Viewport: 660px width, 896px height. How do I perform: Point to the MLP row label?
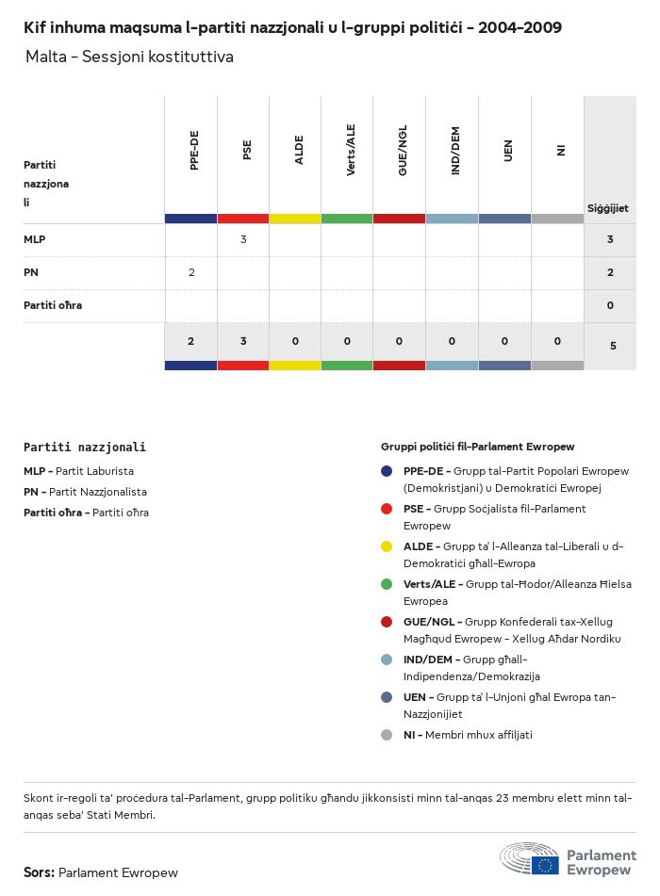tap(35, 239)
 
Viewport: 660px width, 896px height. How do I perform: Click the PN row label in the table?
tap(31, 272)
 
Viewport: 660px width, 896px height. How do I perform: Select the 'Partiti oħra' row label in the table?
tap(53, 305)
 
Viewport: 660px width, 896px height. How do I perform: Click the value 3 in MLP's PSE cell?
tap(243, 239)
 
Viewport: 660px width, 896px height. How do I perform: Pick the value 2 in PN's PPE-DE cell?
tap(191, 272)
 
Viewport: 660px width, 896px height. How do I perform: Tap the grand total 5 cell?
tap(613, 346)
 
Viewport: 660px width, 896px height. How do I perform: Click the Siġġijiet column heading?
tap(608, 208)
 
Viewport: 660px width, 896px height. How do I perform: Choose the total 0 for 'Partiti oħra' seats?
tap(610, 305)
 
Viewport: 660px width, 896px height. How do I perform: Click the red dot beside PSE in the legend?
tap(387, 509)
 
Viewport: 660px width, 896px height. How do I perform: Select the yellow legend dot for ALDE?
tap(387, 546)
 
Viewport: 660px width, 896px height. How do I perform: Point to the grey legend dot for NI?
tap(387, 735)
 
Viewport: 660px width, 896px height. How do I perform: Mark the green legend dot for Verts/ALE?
tap(387, 584)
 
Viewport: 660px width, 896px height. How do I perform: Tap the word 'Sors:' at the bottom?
tap(39, 872)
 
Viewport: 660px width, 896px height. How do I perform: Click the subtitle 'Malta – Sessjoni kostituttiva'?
tap(129, 57)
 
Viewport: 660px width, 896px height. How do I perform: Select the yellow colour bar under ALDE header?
tap(295, 219)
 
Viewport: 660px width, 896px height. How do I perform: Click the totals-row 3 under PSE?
tap(243, 341)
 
